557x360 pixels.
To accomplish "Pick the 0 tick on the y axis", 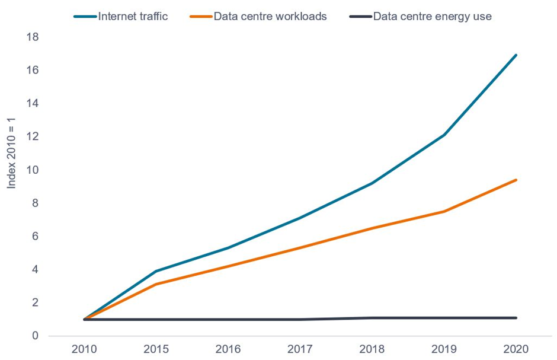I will [35, 336].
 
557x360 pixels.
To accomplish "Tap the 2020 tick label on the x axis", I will [516, 348].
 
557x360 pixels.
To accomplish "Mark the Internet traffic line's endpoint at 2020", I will [516, 55].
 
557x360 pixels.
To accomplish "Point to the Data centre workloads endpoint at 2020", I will [516, 180].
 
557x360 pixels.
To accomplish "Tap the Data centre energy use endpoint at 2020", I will [516, 318].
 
